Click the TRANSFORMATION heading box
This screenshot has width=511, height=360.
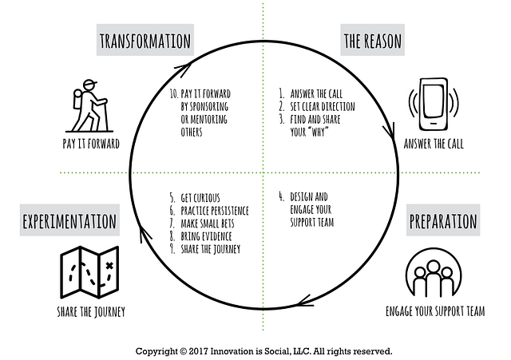pyautogui.click(x=145, y=40)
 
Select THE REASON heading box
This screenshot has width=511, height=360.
pyautogui.click(x=372, y=40)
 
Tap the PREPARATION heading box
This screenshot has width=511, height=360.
pyautogui.click(x=442, y=221)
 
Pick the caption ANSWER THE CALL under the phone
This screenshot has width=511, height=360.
pyautogui.click(x=434, y=144)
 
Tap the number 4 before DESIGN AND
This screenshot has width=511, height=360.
pyautogui.click(x=281, y=196)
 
